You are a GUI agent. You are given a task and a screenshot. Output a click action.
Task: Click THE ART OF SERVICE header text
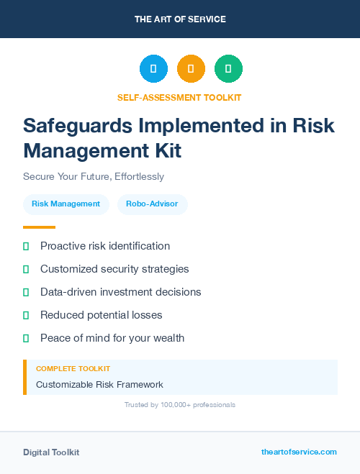tap(180, 19)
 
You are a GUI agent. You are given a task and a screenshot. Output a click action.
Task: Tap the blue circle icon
tap(153, 68)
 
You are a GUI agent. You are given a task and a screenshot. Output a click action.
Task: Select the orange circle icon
tap(191, 68)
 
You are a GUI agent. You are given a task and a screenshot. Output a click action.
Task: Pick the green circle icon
tap(228, 68)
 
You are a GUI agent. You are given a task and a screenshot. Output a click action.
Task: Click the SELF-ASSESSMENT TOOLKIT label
tap(179, 97)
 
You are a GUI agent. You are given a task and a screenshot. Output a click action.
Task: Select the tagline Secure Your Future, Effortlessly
tap(94, 176)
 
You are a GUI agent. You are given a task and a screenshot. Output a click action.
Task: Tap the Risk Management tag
tap(66, 204)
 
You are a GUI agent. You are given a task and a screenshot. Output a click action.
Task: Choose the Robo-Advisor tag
tap(152, 204)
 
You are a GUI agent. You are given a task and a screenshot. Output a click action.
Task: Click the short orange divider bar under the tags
tap(39, 227)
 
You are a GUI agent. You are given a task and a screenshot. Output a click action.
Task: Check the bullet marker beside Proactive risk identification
tap(26, 246)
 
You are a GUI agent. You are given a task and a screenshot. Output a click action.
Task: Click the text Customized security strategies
tap(114, 269)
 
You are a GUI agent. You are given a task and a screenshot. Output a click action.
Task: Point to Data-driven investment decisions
tap(120, 292)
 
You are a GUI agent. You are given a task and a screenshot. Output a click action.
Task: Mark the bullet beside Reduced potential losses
tap(26, 315)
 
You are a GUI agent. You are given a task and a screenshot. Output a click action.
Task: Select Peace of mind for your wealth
tap(112, 338)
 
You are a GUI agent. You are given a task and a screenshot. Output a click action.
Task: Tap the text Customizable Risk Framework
tap(99, 384)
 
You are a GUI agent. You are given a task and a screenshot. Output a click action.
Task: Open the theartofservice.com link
tap(299, 452)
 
